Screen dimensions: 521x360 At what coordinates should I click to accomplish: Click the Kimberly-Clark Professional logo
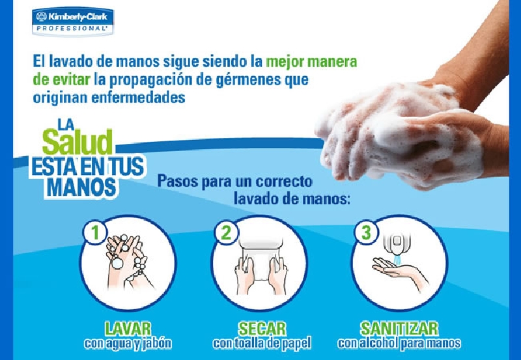pos(73,21)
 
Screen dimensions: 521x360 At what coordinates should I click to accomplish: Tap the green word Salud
pos(77,142)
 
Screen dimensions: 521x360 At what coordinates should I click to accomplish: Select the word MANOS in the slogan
pos(82,187)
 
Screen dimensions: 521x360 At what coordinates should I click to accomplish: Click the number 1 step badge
pos(95,232)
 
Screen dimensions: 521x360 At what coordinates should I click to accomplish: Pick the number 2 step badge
pos(226,232)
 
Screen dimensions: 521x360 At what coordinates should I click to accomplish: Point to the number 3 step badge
pos(366,232)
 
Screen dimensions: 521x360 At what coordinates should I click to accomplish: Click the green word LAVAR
pos(128,329)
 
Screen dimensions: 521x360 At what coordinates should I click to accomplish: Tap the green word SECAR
pos(262,329)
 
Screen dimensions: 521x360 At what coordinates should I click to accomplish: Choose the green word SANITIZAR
pos(399,329)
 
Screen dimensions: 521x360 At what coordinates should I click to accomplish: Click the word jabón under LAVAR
pos(157,344)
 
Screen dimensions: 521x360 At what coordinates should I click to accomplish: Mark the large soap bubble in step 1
pos(117,263)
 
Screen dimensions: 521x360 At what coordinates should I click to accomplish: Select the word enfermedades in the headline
pos(138,98)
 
